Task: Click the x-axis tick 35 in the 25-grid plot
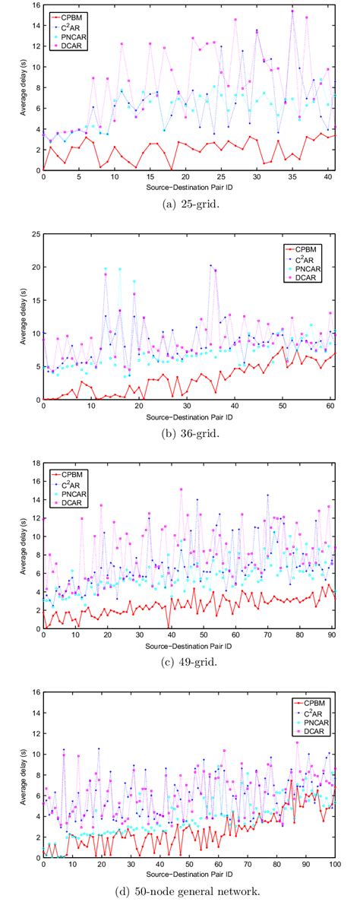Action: point(292,176)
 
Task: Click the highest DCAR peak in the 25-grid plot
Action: point(292,11)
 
